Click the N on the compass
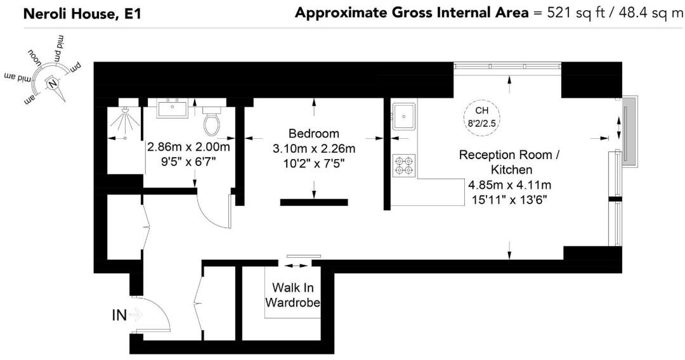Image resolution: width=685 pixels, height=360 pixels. pos(53,82)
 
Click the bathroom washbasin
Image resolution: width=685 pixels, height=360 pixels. pos(172,108)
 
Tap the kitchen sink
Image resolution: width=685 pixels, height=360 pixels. pos(403,115)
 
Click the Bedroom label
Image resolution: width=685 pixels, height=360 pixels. pos(313,134)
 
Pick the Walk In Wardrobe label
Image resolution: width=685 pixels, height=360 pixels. pos(292,295)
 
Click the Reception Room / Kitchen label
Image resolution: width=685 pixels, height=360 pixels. pos(509,162)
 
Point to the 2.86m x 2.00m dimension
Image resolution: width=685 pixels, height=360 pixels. pos(188,147)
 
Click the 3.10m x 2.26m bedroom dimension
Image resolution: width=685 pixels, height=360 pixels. pos(313,149)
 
